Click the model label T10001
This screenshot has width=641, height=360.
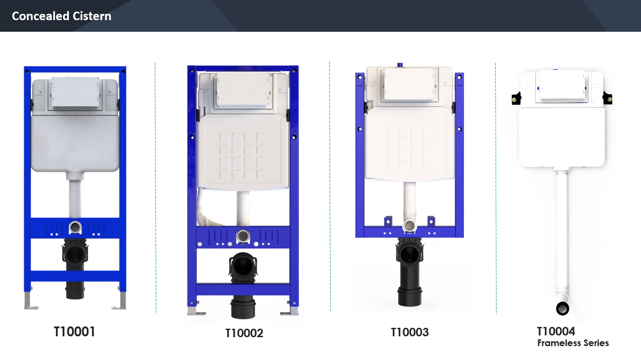tap(74, 332)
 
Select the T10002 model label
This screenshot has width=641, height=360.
tap(244, 333)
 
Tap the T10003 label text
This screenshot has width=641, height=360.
tap(410, 332)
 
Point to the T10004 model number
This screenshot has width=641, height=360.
tap(556, 331)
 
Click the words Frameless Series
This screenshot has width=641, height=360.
tap(573, 343)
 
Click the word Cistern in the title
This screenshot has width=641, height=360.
tap(92, 16)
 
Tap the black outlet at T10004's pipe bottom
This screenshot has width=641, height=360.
tap(562, 309)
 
